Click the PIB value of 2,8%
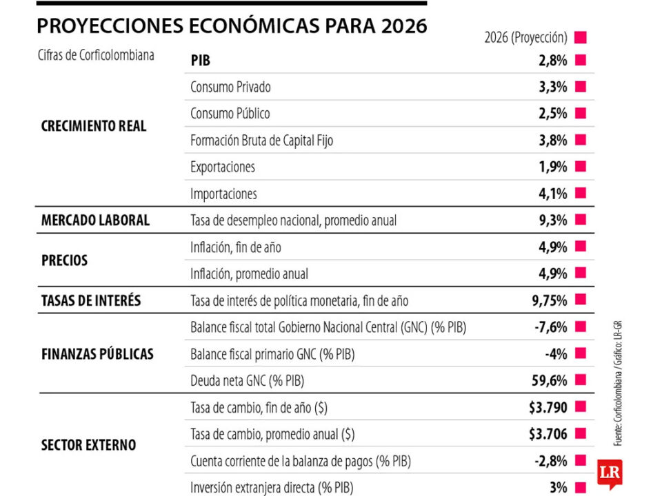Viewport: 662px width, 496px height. pyautogui.click(x=553, y=61)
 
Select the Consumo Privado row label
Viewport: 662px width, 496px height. pyautogui.click(x=230, y=87)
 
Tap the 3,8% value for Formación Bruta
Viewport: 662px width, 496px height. pyautogui.click(x=553, y=141)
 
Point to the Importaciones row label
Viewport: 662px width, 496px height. pyautogui.click(x=223, y=194)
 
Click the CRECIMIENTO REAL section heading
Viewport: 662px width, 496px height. pyautogui.click(x=94, y=127)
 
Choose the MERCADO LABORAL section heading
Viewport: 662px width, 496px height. pyautogui.click(x=95, y=220)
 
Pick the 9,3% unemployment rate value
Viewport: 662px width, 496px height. pyautogui.click(x=553, y=220)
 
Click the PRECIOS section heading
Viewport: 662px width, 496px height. pyautogui.click(x=65, y=260)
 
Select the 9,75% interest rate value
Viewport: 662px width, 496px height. pyautogui.click(x=550, y=300)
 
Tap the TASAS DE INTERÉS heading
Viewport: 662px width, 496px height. pyautogui.click(x=91, y=300)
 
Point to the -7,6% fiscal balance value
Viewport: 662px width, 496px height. pyautogui.click(x=551, y=327)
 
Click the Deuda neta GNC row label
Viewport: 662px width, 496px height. pyautogui.click(x=248, y=381)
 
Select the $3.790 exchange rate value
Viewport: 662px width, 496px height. pyautogui.click(x=548, y=408)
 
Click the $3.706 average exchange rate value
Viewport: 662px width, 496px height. pyautogui.click(x=548, y=434)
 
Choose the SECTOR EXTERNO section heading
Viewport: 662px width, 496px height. pyautogui.click(x=88, y=445)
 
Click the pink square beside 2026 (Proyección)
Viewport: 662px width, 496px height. pyautogui.click(x=580, y=37)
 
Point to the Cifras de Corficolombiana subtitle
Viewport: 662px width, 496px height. pyautogui.click(x=96, y=55)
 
